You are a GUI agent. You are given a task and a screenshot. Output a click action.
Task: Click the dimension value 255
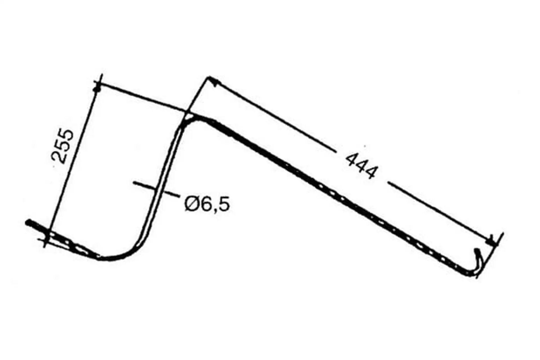point(63,146)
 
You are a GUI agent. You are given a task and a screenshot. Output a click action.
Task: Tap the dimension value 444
point(361,166)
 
